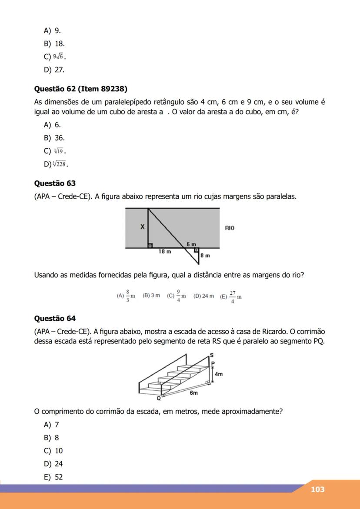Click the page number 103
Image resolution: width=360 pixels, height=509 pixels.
[317, 489]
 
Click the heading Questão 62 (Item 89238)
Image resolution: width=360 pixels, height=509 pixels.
[80, 89]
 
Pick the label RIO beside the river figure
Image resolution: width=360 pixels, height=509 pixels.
[230, 227]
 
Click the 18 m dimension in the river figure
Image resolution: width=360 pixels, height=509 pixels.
[165, 251]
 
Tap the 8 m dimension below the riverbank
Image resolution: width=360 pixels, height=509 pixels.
[205, 256]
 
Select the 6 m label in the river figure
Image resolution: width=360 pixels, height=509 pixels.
[191, 245]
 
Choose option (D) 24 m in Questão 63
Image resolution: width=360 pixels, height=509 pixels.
[203, 296]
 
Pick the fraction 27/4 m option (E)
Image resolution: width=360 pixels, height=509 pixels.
[231, 296]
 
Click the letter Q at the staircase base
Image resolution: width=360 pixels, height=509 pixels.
[159, 398]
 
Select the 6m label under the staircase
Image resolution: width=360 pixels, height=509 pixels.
[193, 393]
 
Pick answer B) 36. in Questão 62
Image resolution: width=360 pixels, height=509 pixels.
[54, 138]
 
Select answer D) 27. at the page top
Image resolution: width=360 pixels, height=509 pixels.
[54, 69]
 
